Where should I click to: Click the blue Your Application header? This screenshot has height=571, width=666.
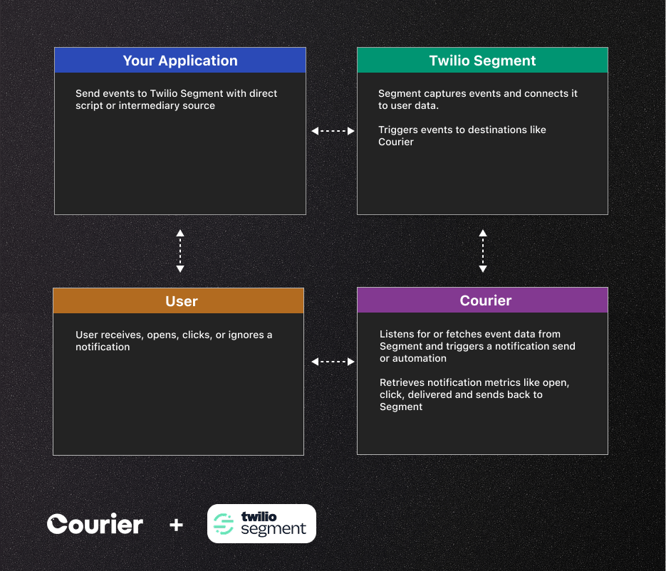tap(179, 61)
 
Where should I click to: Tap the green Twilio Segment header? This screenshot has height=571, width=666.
tap(482, 61)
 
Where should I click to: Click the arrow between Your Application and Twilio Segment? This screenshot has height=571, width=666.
tap(333, 131)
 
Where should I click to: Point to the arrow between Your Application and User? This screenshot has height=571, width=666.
tap(180, 251)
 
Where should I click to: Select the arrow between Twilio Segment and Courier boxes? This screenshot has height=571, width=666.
tap(483, 251)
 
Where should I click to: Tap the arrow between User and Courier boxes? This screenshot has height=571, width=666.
tap(333, 362)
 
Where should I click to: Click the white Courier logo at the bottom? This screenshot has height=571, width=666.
tap(95, 525)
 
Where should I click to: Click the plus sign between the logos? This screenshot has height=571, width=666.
tap(176, 525)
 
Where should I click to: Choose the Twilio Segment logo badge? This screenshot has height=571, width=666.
tap(261, 524)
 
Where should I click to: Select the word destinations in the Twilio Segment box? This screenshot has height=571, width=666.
tap(487, 130)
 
